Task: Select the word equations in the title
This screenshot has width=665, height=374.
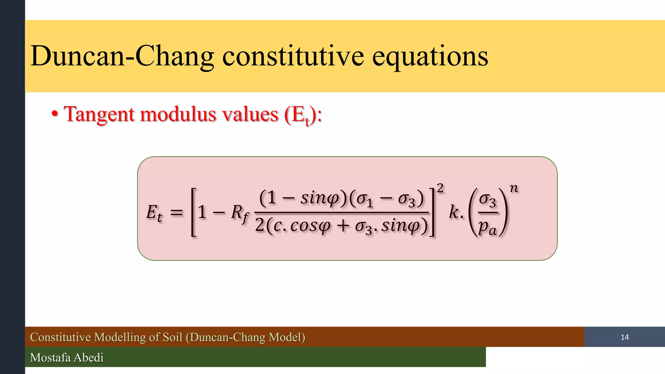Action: point(430,57)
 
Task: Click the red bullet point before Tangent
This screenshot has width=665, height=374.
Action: point(55,114)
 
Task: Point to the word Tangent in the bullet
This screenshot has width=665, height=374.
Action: point(99,115)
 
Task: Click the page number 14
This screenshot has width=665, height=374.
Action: point(624,337)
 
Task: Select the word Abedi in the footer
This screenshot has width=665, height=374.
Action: point(89,357)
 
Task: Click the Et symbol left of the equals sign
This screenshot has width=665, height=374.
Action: point(154,213)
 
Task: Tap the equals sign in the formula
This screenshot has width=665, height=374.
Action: point(177,213)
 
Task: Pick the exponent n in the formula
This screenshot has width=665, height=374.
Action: point(513,188)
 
